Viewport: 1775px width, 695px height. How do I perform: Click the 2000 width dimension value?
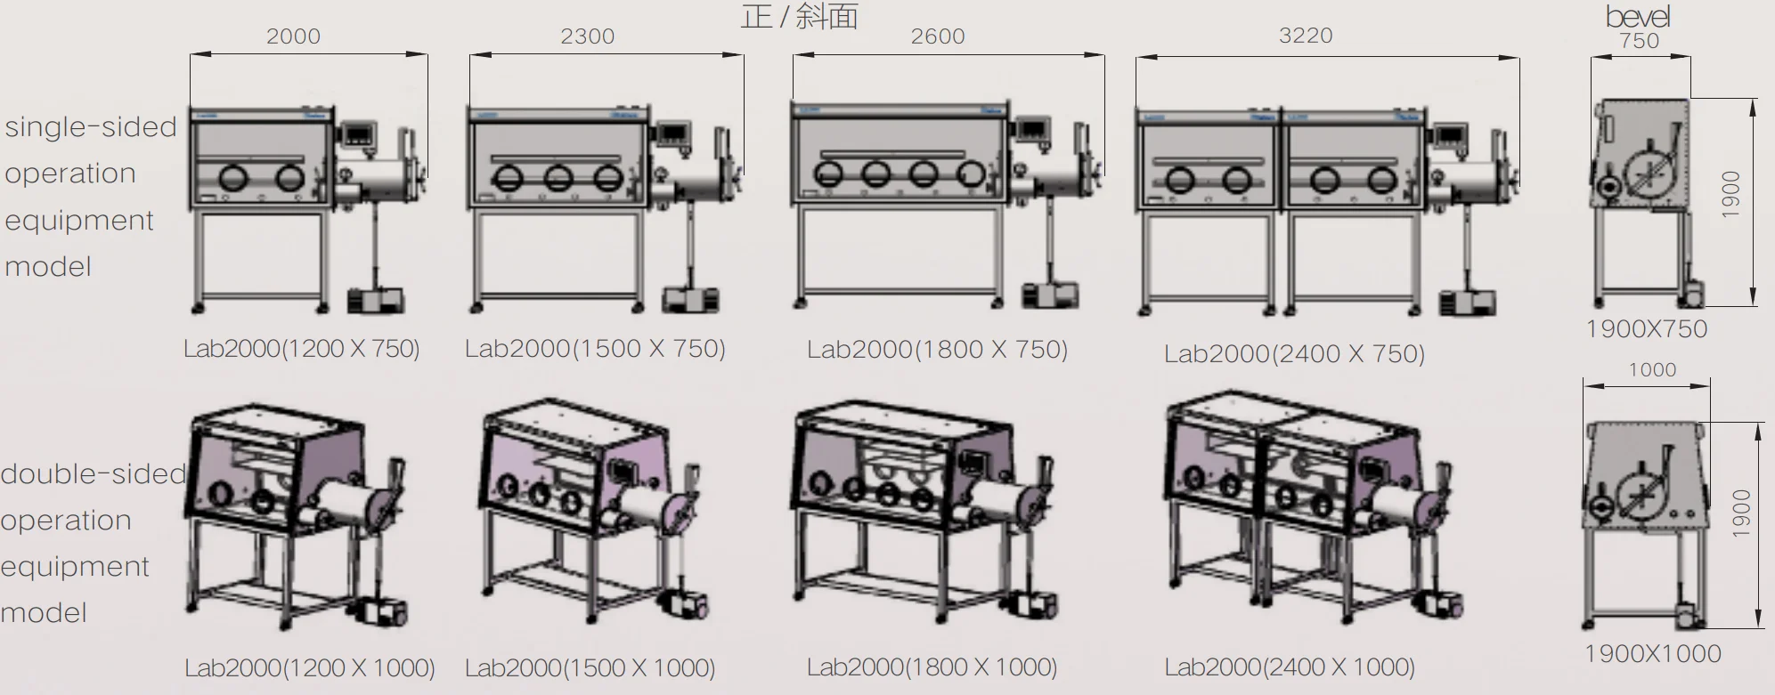293,36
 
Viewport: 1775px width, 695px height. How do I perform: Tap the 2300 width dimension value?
587,36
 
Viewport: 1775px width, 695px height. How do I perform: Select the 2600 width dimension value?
938,36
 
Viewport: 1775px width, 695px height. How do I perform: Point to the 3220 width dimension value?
1306,36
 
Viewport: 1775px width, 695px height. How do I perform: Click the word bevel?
1638,16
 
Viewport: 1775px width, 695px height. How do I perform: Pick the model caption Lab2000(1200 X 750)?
301,348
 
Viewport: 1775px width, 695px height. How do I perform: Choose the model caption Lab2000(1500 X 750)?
595,348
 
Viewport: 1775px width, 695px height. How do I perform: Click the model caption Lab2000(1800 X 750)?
937,349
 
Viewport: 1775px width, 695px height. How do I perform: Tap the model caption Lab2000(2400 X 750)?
1294,354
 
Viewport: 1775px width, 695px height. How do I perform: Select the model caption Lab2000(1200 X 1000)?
310,667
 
